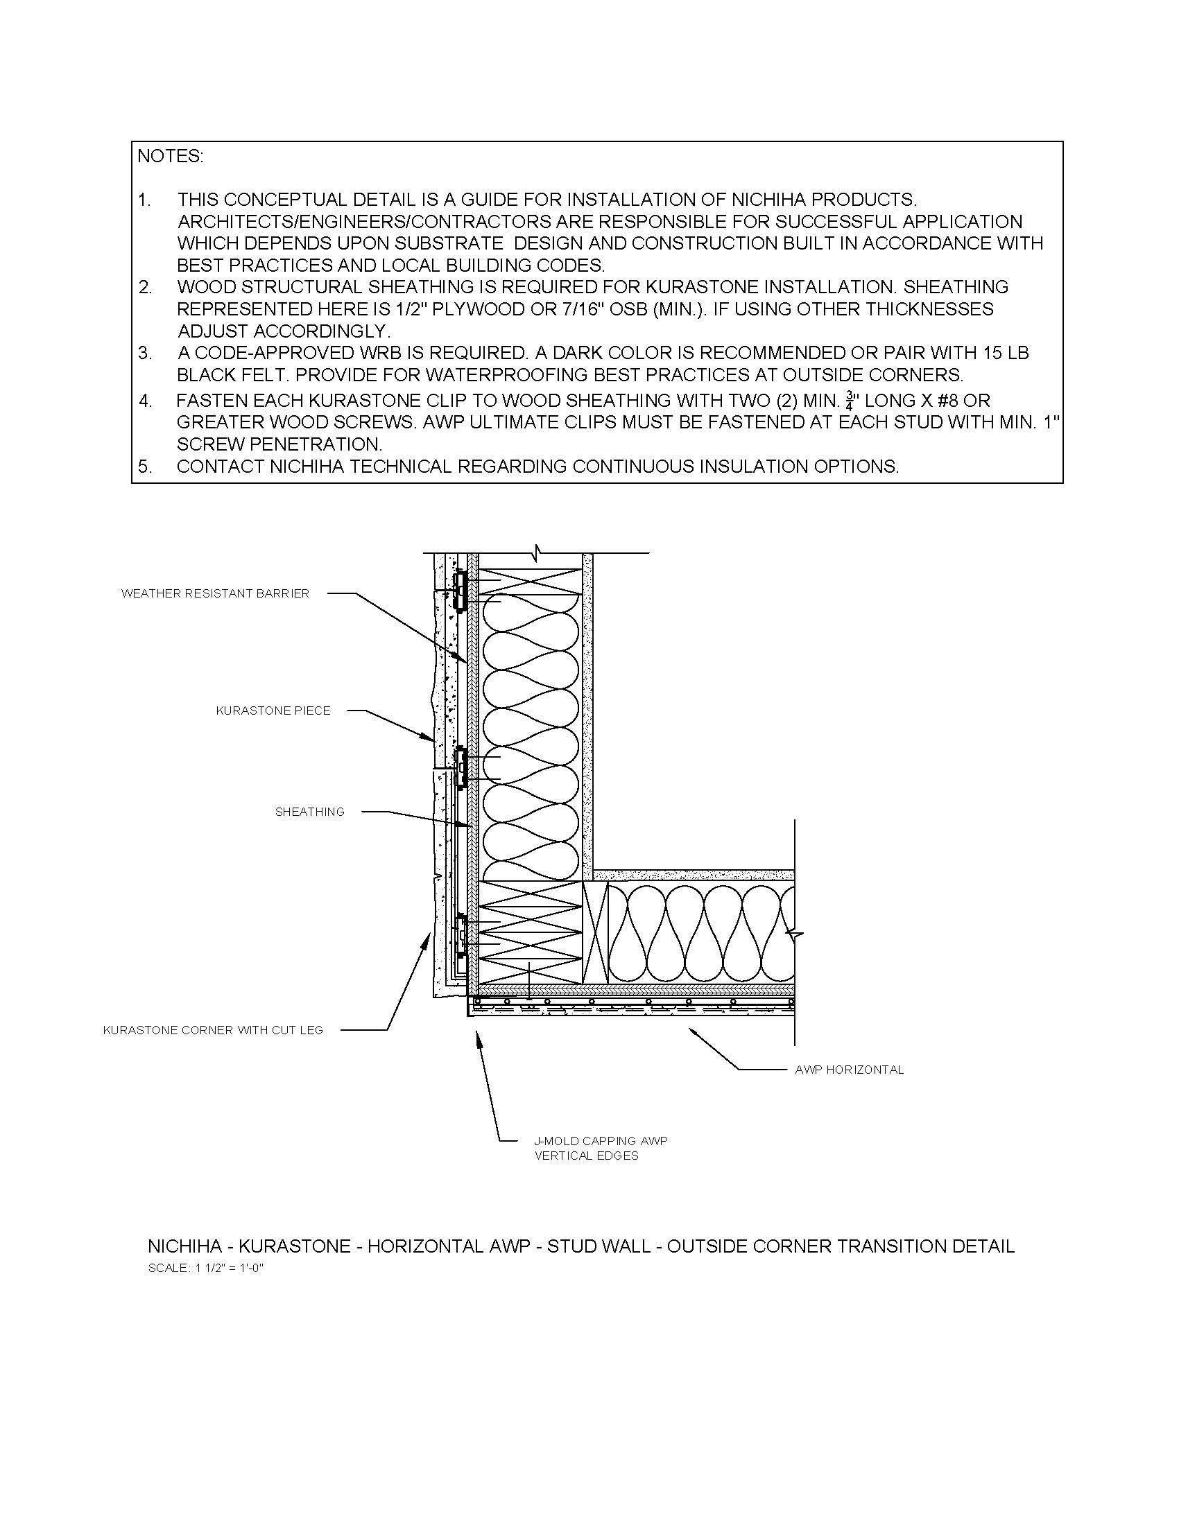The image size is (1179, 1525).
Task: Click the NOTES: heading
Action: click(x=170, y=157)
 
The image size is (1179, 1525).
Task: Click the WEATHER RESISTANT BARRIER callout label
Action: click(x=215, y=593)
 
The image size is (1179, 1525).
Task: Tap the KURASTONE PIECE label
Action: click(x=273, y=711)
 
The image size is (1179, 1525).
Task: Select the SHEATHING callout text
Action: click(x=310, y=812)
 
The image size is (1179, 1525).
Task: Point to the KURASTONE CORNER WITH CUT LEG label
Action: click(x=213, y=1030)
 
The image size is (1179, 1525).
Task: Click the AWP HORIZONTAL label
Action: click(x=850, y=1069)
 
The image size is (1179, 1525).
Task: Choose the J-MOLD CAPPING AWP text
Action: click(x=601, y=1140)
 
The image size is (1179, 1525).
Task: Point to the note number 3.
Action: click(x=144, y=354)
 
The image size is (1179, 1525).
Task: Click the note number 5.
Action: click(x=144, y=467)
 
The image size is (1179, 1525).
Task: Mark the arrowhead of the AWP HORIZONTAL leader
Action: click(x=691, y=1030)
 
